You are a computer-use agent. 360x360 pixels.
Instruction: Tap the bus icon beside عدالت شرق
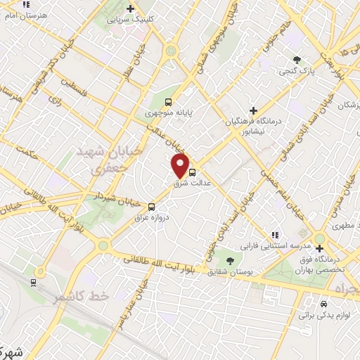[193, 170]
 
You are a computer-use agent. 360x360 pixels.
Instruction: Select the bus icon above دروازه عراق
[152, 206]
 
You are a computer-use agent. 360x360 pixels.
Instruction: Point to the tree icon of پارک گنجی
[298, 60]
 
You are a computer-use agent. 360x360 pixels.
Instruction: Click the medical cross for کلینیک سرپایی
[130, 8]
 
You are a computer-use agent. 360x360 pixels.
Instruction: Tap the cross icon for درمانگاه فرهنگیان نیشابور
[254, 110]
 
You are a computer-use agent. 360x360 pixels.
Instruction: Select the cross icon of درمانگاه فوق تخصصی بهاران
[320, 248]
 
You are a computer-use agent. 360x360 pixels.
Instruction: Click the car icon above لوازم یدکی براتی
[322, 304]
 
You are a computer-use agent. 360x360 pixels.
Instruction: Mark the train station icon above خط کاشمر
[34, 282]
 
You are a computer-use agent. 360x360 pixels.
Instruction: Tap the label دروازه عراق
[153, 218]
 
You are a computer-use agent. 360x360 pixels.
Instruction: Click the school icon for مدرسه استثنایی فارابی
[275, 235]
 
